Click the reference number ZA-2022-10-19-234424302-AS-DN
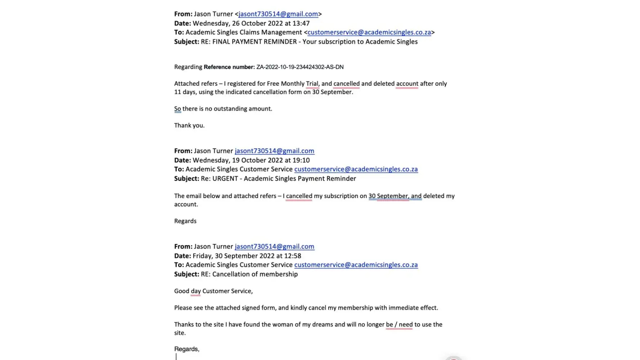(x=300, y=67)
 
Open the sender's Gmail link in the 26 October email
(x=278, y=14)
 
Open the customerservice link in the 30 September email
(x=356, y=265)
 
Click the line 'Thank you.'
(x=189, y=126)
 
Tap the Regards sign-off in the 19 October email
(x=185, y=221)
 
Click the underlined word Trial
(x=312, y=84)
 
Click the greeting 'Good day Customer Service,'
(x=213, y=291)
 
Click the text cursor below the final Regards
(x=176, y=356)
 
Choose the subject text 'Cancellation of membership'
(x=255, y=274)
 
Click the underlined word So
(x=177, y=109)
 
